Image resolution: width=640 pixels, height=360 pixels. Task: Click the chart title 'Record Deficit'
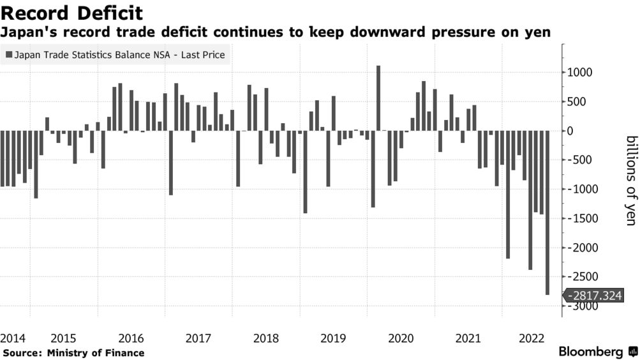coord(71,13)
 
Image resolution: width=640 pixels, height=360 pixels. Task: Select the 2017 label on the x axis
coord(198,338)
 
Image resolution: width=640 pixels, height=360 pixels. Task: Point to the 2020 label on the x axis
coord(400,338)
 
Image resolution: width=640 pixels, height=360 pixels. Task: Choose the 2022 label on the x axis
coord(535,338)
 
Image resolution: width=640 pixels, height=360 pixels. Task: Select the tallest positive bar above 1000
coord(378,98)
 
